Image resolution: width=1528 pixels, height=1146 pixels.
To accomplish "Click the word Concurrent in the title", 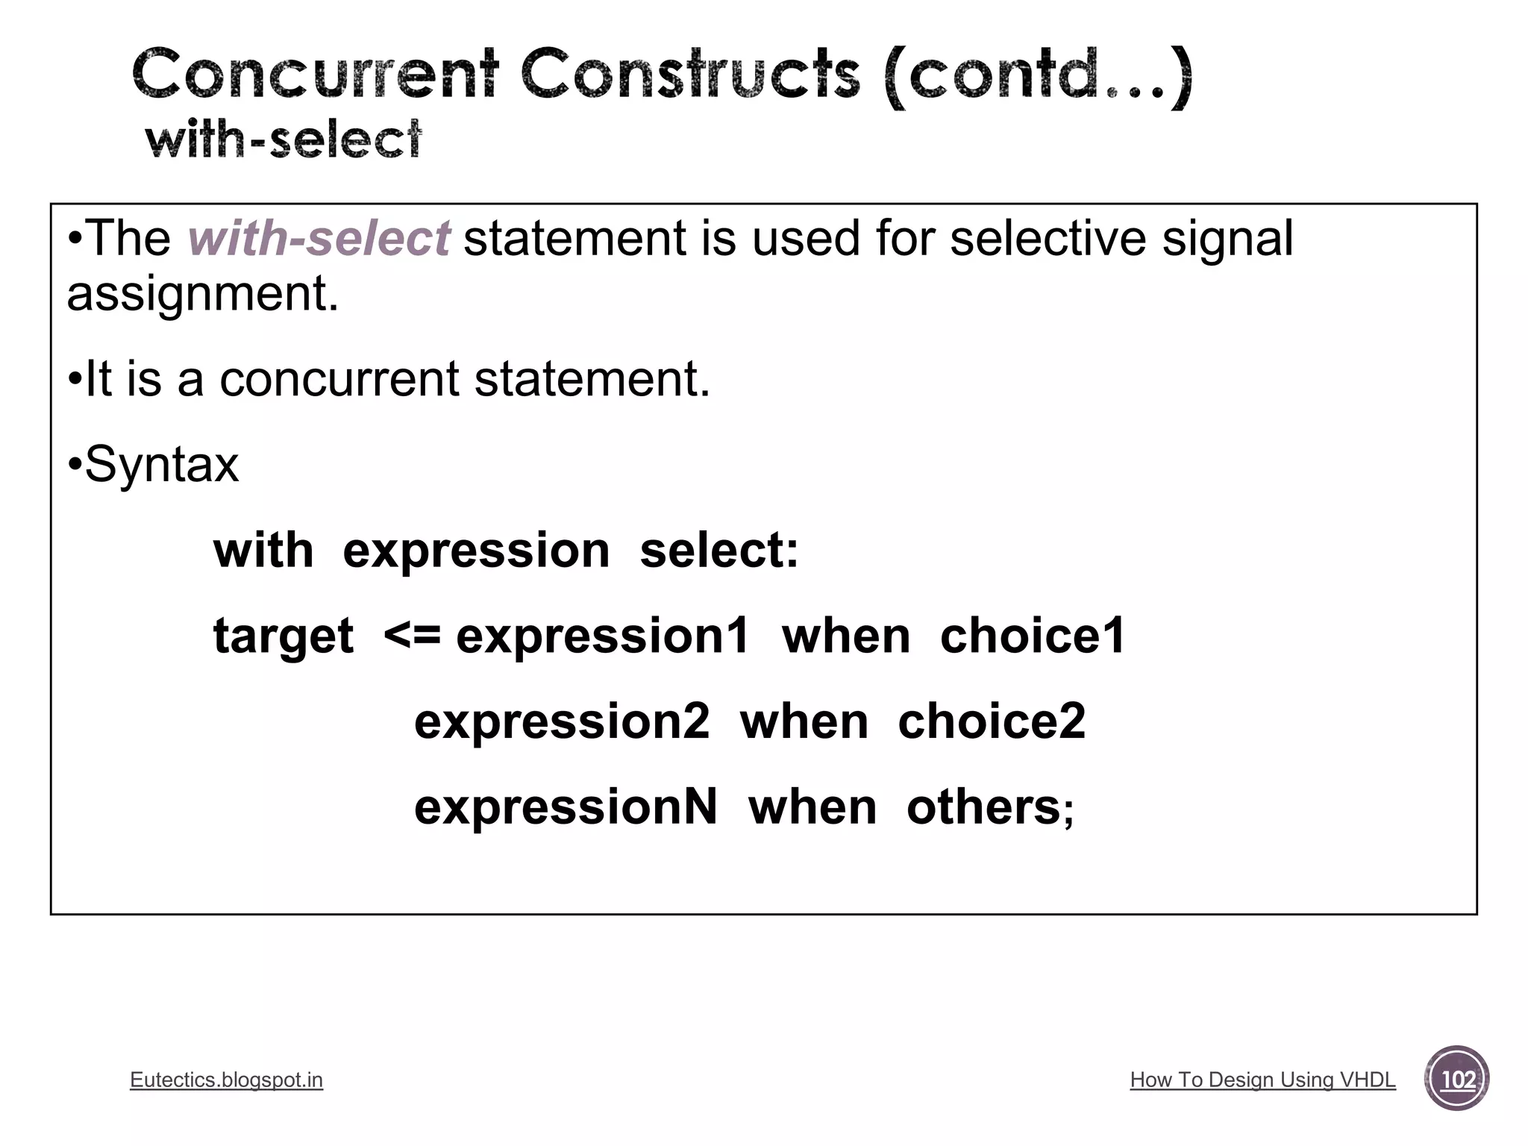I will [x=314, y=75].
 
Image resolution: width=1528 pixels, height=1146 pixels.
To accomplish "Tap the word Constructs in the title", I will [x=689, y=75].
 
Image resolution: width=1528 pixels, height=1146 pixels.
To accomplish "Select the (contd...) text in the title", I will [x=1036, y=76].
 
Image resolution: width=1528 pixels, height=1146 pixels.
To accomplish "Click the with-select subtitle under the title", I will [x=284, y=140].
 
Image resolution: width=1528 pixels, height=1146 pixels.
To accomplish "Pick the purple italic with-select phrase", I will [x=319, y=239].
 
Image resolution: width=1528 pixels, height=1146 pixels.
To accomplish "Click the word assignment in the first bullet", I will [x=202, y=294].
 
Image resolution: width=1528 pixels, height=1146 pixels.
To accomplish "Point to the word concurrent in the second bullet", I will [x=339, y=379].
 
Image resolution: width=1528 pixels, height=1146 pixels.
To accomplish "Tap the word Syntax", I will [x=162, y=465].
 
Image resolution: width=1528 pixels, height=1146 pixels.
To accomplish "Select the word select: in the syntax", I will [x=718, y=551].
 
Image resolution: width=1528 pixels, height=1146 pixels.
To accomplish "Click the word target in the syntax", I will [x=283, y=636].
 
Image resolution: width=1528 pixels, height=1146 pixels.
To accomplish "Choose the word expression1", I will [x=602, y=636].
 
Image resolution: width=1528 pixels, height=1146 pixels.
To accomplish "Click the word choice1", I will [x=1032, y=636].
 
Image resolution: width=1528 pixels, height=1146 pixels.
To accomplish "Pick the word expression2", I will [x=561, y=722].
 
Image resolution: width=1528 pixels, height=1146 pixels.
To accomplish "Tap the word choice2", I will [x=992, y=722].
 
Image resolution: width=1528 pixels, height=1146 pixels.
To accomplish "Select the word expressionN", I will [x=566, y=807].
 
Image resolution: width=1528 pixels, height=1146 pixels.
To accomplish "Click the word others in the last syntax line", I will [x=983, y=807].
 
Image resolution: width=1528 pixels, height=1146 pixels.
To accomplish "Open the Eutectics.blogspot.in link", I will [x=226, y=1080].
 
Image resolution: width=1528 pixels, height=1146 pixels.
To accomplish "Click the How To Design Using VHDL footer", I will [x=1262, y=1080].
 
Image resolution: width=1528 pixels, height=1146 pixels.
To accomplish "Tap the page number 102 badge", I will [x=1456, y=1079].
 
